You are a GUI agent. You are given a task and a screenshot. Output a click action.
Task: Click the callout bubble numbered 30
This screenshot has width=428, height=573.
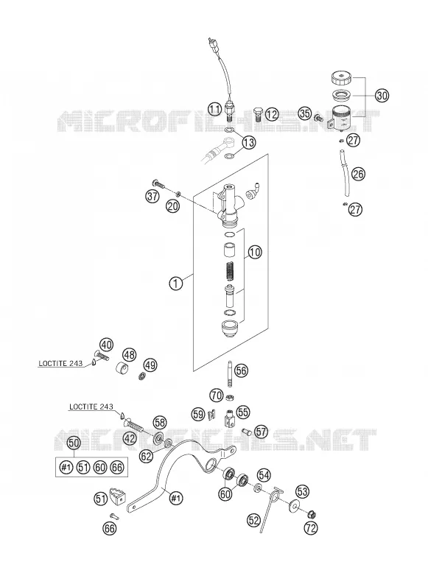coord(382,96)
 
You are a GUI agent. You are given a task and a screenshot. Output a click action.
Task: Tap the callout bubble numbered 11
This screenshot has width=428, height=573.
coord(215,109)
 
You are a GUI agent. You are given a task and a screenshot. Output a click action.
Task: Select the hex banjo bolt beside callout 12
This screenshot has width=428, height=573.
coord(259,113)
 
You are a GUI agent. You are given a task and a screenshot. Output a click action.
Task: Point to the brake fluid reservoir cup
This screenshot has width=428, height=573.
coord(340,118)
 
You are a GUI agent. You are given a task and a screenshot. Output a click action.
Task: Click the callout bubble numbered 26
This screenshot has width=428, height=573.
coord(358,174)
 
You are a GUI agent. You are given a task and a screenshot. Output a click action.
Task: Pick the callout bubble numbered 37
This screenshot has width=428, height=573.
coord(152,196)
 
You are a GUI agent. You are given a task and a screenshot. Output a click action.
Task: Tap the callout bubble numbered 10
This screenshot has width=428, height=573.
coord(255,252)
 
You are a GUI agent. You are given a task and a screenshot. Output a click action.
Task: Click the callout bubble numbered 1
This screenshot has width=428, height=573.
coord(176,284)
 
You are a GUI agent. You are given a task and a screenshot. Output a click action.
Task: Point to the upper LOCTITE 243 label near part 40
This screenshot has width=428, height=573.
coord(60,363)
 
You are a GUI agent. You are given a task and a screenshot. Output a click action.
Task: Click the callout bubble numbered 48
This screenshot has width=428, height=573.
coord(130,354)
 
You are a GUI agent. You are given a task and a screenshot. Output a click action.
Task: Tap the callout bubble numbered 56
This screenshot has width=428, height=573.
coord(241,371)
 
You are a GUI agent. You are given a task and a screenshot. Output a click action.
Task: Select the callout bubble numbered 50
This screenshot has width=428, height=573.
coord(74,443)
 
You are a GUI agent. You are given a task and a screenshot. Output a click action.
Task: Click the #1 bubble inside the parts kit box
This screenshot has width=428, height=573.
coord(66,467)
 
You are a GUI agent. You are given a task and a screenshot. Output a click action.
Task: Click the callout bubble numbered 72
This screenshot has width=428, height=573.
coord(311,527)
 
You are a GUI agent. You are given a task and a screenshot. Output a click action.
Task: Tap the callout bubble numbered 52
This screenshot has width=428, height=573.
coord(253,521)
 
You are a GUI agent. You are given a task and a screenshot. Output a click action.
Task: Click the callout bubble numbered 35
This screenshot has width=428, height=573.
coord(305,113)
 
